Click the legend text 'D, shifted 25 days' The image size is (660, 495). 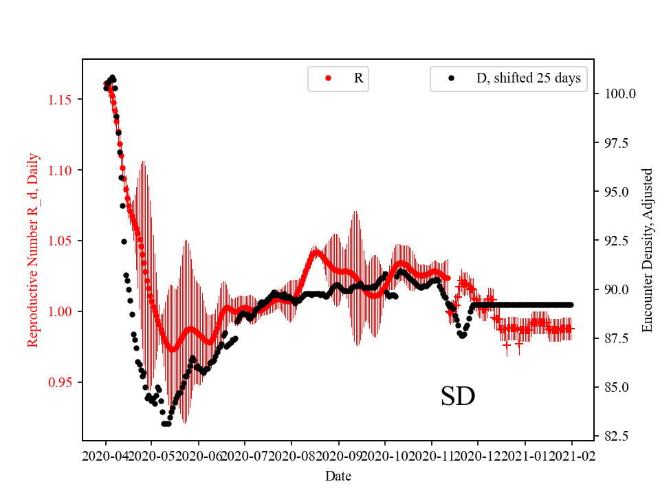coord(528,78)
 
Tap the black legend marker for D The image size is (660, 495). coord(451,78)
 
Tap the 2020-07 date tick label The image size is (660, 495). coord(244,455)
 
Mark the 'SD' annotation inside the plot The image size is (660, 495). coord(458,397)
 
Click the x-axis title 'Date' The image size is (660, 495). coord(338,475)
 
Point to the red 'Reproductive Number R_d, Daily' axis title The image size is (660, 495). coord(33,250)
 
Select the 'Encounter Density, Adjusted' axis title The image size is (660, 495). coord(647,250)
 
